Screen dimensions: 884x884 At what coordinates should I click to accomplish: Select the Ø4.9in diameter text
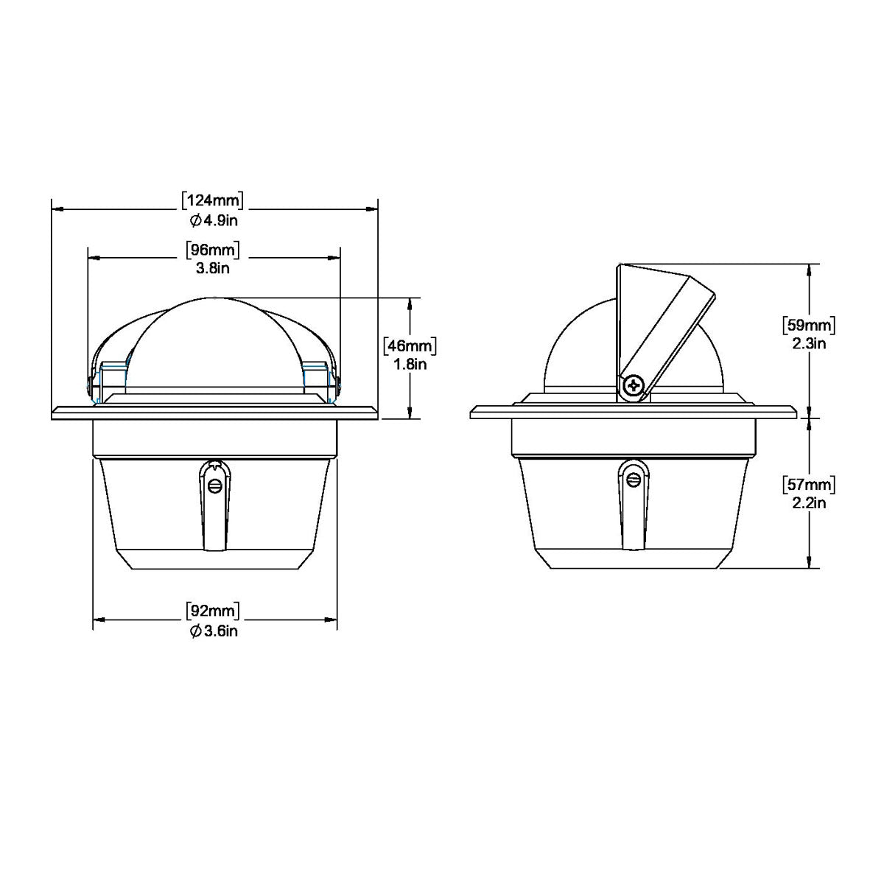click(213, 220)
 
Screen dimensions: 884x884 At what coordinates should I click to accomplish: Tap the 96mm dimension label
click(213, 250)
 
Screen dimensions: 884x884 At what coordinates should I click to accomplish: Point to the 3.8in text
click(213, 268)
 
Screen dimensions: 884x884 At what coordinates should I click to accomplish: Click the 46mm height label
click(411, 345)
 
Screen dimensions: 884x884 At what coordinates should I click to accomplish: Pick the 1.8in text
click(411, 363)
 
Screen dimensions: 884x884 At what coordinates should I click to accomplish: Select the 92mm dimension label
click(213, 611)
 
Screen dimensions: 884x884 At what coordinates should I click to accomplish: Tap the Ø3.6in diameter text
click(213, 631)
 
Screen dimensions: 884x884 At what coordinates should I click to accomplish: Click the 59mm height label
click(810, 325)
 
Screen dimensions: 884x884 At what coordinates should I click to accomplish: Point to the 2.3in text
click(810, 343)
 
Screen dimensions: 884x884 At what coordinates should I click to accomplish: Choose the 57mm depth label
click(810, 485)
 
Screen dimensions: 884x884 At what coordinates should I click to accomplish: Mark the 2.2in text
click(810, 503)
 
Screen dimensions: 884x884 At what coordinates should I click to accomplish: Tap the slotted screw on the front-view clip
click(214, 485)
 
